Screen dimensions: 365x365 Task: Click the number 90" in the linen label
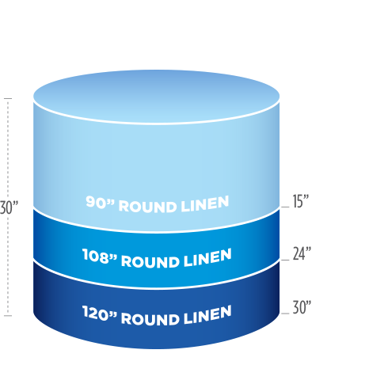tap(101, 202)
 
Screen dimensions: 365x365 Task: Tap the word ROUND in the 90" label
tap(147, 207)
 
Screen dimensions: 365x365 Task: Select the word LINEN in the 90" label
tap(205, 204)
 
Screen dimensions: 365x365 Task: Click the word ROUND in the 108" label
tap(150, 261)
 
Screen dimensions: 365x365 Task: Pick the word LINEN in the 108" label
tap(207, 258)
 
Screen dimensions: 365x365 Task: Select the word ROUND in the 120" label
tap(150, 319)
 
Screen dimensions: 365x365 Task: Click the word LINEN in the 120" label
tap(207, 314)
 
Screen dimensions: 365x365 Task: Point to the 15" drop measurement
tap(301, 201)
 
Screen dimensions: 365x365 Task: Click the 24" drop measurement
tap(302, 253)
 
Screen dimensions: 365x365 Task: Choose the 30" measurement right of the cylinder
tap(302, 307)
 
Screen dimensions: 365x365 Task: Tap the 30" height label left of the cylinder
tap(9, 207)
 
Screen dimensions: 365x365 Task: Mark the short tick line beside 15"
tap(285, 207)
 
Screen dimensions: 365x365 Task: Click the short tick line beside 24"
tap(285, 260)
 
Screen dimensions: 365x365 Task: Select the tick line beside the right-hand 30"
tap(285, 314)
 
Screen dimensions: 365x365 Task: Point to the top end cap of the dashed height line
tap(8, 99)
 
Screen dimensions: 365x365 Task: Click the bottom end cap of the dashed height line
tap(8, 315)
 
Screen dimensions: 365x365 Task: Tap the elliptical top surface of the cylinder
tap(156, 97)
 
